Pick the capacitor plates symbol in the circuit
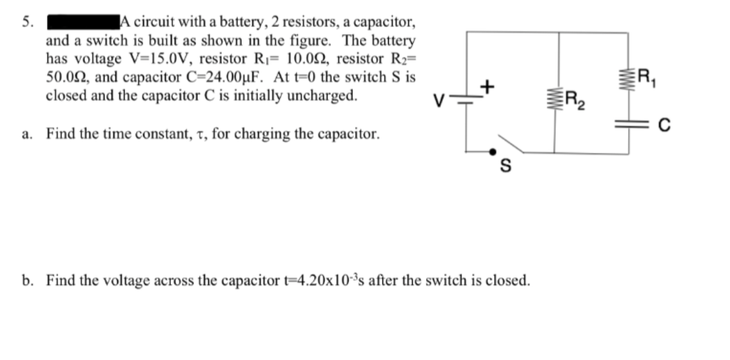(629, 126)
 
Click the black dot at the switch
(493, 153)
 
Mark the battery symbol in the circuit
(466, 104)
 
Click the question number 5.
(26, 21)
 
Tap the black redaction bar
(82, 21)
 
